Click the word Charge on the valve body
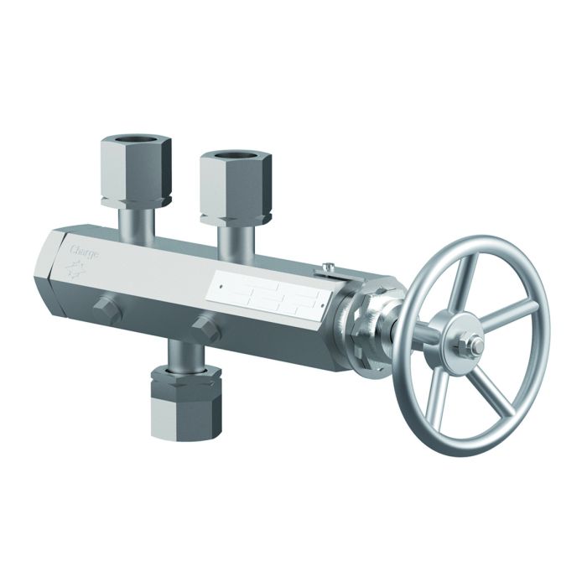tap(85, 250)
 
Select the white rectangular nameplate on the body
tap(267, 294)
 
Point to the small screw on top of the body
tap(328, 268)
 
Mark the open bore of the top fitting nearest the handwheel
tap(236, 156)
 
